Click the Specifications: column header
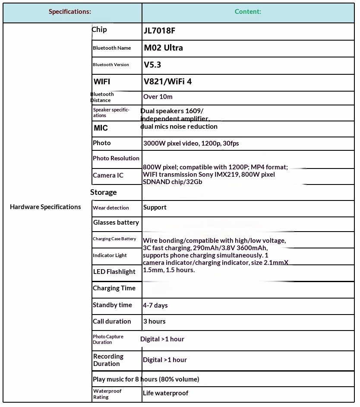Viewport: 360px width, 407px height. point(70,12)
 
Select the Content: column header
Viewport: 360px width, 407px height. point(248,12)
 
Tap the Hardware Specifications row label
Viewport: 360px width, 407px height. point(45,207)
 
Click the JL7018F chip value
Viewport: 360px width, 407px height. point(159,31)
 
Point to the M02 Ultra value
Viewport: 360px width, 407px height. point(163,48)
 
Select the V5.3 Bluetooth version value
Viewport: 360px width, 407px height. point(152,65)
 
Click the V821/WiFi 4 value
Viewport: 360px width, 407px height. point(167,81)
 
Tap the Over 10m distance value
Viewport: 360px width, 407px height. point(158,97)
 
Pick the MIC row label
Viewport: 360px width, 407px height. point(101,128)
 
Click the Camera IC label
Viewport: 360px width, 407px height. point(108,175)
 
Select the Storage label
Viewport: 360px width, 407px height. point(104,192)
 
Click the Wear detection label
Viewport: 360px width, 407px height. point(111,208)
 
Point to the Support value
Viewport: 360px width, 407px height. point(155,207)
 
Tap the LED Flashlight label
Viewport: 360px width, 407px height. point(114,272)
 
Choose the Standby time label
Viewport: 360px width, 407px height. point(112,305)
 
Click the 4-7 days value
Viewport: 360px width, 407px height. point(155,305)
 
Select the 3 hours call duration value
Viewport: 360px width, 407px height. point(154,321)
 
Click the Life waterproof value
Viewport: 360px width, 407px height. point(166,393)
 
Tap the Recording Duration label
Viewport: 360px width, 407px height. point(108,360)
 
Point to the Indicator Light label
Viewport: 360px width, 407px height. point(110,255)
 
